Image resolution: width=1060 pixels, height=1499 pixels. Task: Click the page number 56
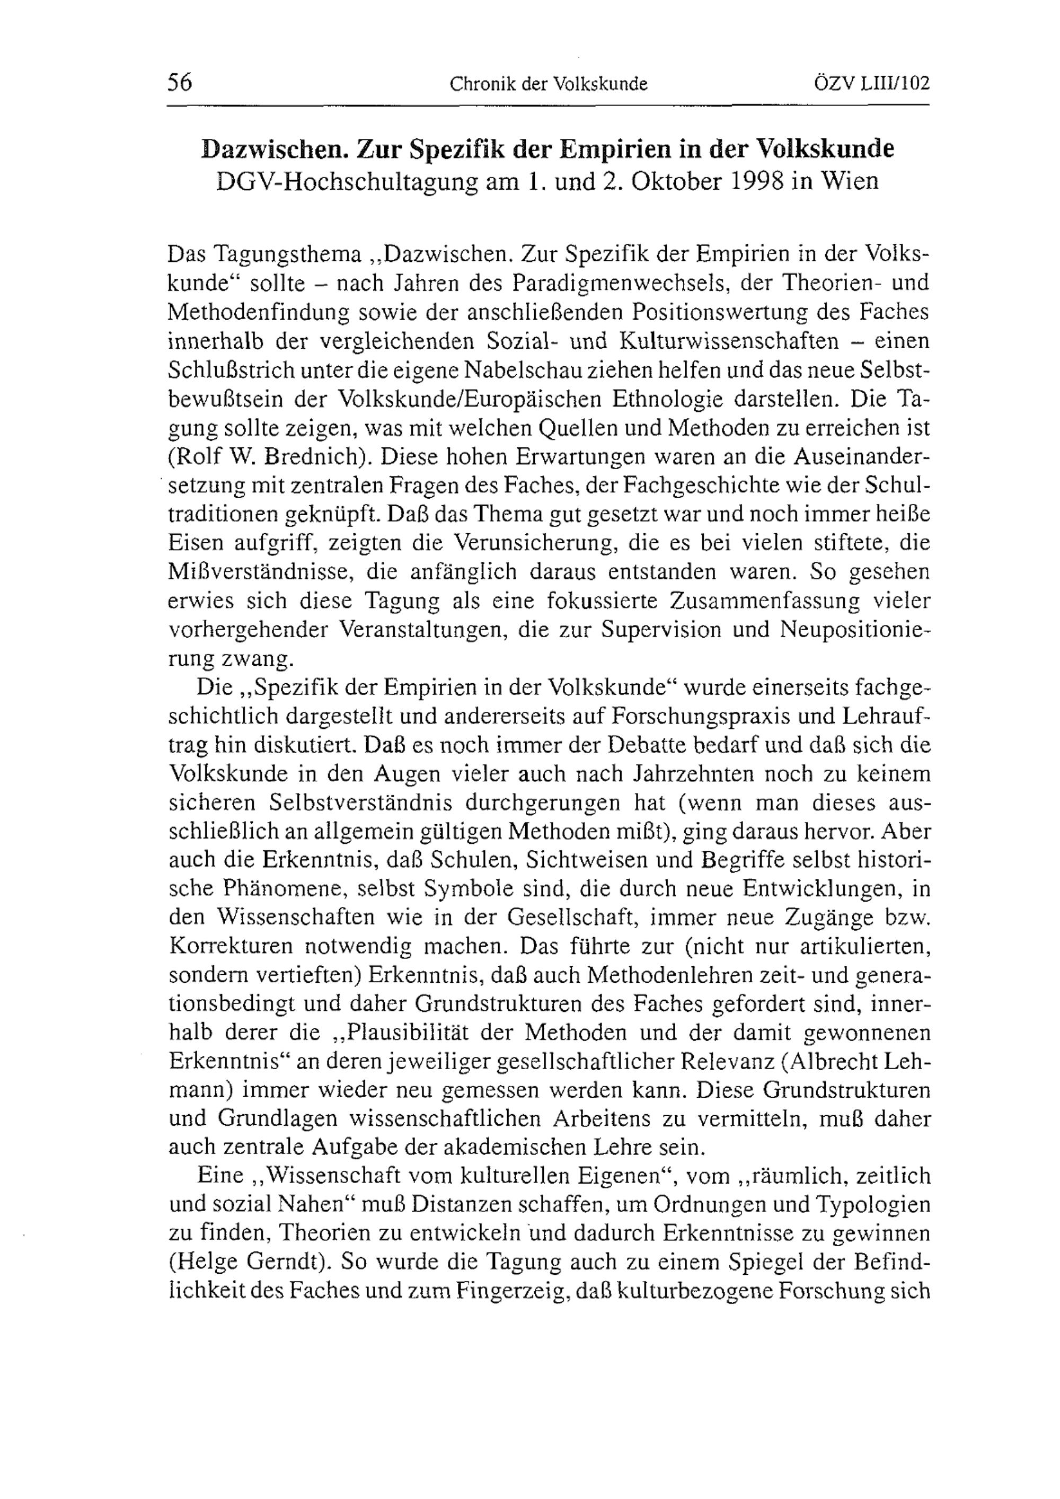pos(180,83)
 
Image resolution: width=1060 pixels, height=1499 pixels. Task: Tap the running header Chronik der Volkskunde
pos(548,84)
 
